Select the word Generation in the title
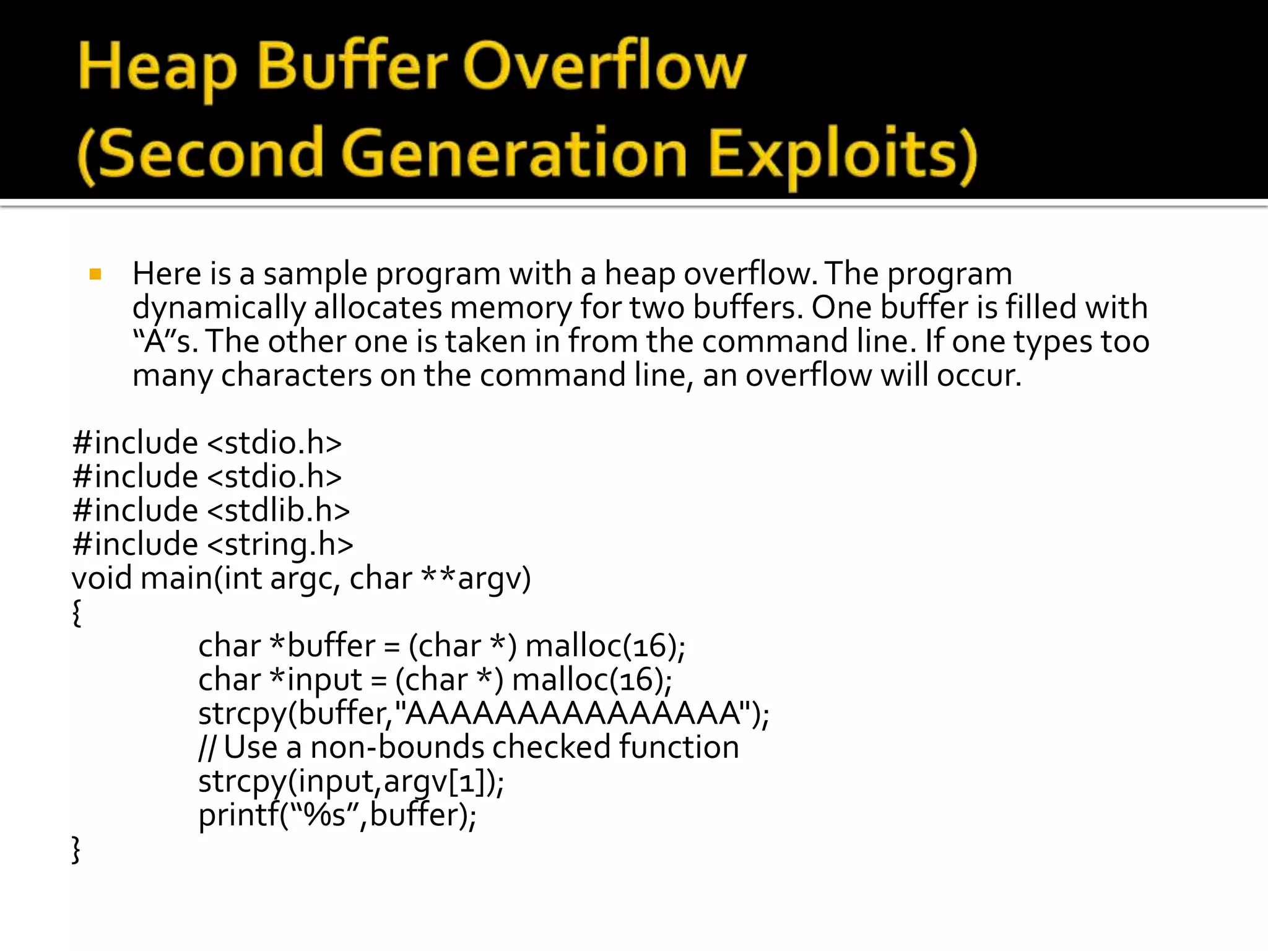(514, 153)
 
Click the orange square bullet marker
(95, 274)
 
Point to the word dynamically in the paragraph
(219, 308)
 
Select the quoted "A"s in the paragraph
(165, 342)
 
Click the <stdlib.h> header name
(278, 511)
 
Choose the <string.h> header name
(280, 545)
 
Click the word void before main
(102, 579)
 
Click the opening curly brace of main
(77, 613)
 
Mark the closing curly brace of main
(77, 849)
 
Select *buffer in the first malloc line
(323, 646)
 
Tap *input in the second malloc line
(316, 680)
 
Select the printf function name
(238, 815)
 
